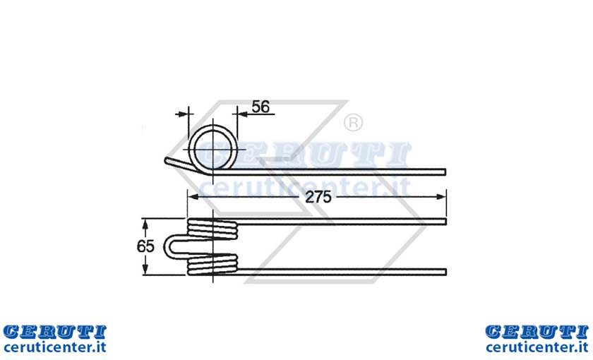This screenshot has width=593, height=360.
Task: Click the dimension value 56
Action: (260, 107)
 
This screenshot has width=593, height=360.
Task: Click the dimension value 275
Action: (318, 197)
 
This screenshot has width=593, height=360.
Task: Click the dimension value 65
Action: (145, 246)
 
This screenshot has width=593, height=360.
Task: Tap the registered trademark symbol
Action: (353, 123)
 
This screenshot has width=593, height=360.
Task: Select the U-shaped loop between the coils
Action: (167, 246)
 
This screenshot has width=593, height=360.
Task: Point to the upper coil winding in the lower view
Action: (212, 229)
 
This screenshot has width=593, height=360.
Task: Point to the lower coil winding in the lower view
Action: (212, 264)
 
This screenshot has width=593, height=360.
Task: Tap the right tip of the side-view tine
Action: (445, 172)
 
